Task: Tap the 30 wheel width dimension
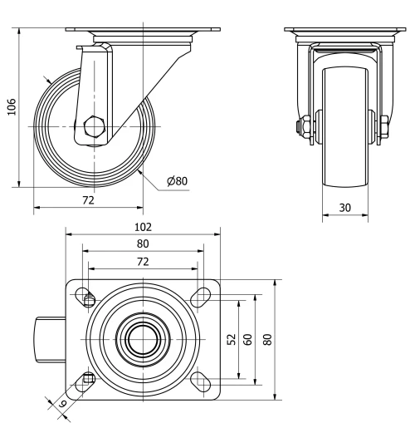click(344, 207)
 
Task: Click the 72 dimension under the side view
click(88, 200)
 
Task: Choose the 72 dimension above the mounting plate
click(143, 261)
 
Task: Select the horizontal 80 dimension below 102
click(143, 243)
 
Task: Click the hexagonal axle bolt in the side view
click(94, 128)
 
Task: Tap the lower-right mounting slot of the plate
click(200, 380)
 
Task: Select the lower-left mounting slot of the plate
click(85, 380)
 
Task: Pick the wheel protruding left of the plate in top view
click(42, 339)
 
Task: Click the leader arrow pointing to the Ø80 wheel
click(144, 172)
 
